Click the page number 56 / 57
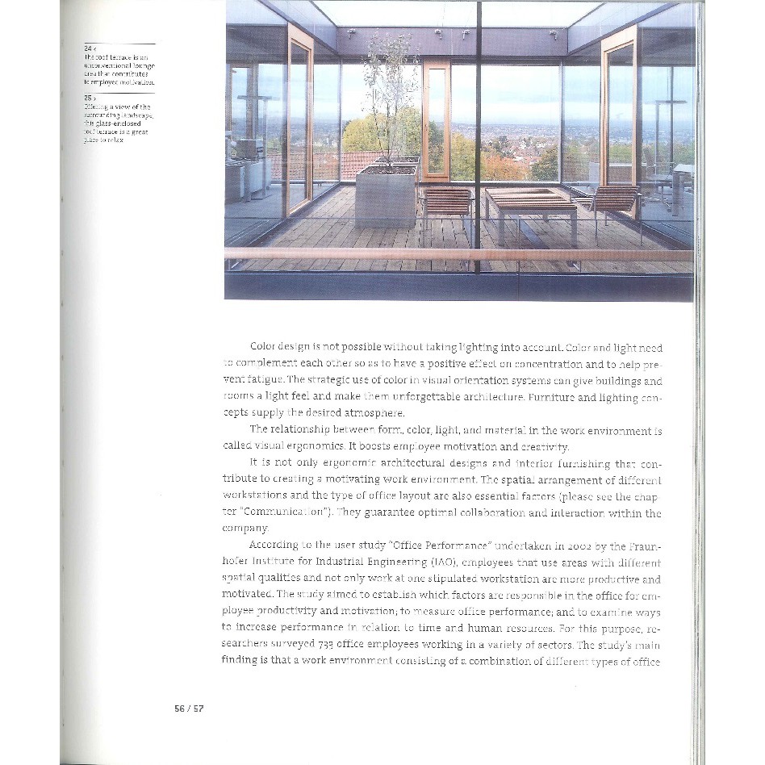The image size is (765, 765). (189, 709)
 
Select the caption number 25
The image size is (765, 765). (89, 99)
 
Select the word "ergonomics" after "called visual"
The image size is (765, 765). (301, 446)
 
